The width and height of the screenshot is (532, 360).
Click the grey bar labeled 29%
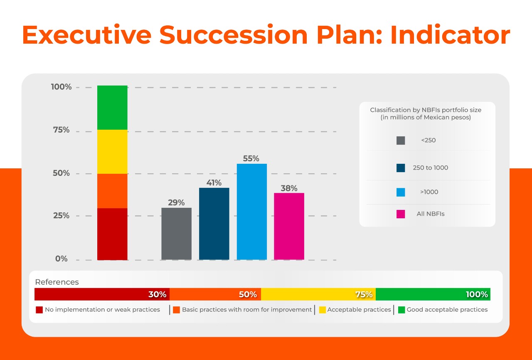pos(176,234)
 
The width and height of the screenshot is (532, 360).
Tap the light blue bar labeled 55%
pos(251,212)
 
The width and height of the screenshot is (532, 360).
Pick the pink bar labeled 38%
pos(289,226)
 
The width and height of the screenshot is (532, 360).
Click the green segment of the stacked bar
pos(112,108)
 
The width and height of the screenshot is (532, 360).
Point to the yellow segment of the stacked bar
pos(112,152)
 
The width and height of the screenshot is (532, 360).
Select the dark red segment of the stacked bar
pos(112,234)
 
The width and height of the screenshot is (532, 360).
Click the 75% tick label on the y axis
pos(61,130)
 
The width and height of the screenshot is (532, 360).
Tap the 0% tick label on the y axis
pos(61,259)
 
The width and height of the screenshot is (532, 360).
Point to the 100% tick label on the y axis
pos(61,87)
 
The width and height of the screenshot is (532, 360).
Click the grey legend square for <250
pos(401,141)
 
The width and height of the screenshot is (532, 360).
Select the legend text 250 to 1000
pos(430,168)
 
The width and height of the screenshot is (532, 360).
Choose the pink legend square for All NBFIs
pos(401,214)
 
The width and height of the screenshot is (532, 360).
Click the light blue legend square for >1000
pos(401,192)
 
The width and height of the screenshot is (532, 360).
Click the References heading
pos(57,282)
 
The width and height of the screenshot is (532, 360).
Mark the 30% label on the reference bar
pos(158,294)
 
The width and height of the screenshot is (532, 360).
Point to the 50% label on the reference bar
pos(248,294)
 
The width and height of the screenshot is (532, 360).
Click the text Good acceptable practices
pos(447,310)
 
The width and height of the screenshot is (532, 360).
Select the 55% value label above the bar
pos(251,158)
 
